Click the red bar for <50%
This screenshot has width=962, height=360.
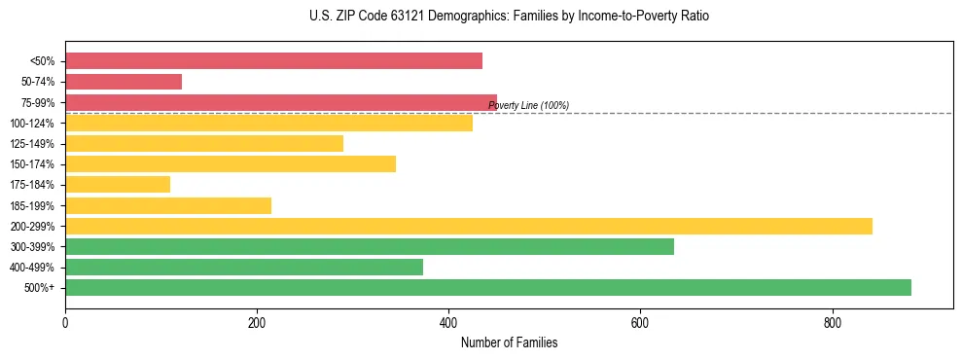273,61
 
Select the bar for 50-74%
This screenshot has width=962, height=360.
124,82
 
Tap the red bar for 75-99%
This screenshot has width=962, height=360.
281,102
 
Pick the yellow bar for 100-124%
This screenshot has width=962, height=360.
268,123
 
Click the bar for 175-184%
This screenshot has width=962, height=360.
118,184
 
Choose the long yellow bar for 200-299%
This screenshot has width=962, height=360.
469,226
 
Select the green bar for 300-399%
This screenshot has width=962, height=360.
370,246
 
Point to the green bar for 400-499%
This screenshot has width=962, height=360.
244,267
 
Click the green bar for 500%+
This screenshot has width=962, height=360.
488,287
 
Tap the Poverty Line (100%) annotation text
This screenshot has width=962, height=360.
528,105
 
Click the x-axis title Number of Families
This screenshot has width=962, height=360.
509,342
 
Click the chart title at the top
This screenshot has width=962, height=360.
509,17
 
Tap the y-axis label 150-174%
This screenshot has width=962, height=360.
32,164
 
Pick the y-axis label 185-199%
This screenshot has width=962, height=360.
32,205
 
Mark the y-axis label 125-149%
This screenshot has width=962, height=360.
32,144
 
